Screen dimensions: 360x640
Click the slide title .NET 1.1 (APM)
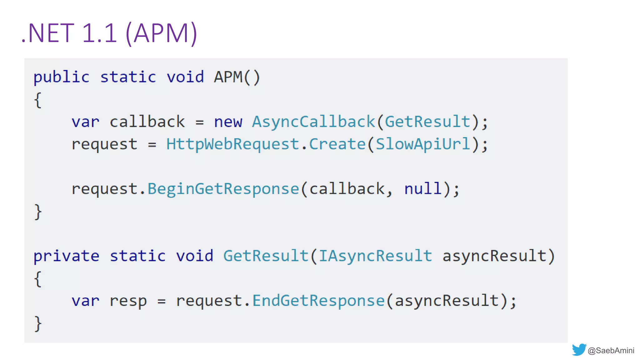pyautogui.click(x=109, y=33)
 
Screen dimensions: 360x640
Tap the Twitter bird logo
pyautogui.click(x=579, y=350)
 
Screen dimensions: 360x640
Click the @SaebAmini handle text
pyautogui.click(x=611, y=351)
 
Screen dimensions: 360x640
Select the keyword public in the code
pyautogui.click(x=61, y=77)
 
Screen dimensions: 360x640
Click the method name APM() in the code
pyautogui.click(x=237, y=77)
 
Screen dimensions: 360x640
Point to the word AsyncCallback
pyautogui.click(x=313, y=122)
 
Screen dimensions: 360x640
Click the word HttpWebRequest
pyautogui.click(x=233, y=144)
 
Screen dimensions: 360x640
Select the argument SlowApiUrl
pyautogui.click(x=423, y=144)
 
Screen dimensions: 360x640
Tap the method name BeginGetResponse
pyautogui.click(x=223, y=189)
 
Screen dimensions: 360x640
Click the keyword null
pyautogui.click(x=423, y=189)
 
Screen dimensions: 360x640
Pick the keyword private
pyautogui.click(x=66, y=256)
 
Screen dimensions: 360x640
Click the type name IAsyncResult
pyautogui.click(x=375, y=256)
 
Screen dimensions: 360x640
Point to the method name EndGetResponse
pyautogui.click(x=318, y=301)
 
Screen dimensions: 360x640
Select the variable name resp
pyautogui.click(x=128, y=301)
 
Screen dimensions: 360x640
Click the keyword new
pyautogui.click(x=228, y=122)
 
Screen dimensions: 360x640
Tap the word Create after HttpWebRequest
pyautogui.click(x=337, y=144)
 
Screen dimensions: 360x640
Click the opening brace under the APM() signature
pyautogui.click(x=38, y=100)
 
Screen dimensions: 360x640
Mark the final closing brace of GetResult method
pyautogui.click(x=38, y=323)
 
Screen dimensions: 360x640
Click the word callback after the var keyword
pyautogui.click(x=147, y=122)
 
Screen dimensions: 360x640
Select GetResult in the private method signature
pyautogui.click(x=266, y=256)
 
